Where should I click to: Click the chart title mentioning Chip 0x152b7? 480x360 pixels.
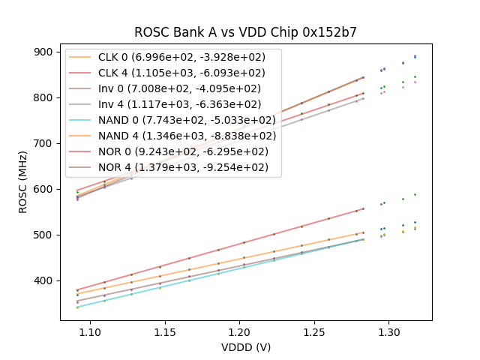tap(245, 32)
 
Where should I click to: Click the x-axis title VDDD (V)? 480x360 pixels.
tap(245, 347)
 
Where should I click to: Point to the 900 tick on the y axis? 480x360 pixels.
tap(44, 52)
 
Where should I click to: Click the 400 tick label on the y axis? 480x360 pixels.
tap(44, 280)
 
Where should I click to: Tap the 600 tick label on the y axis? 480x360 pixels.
tap(44, 189)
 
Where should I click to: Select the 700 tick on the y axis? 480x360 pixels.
tap(44, 143)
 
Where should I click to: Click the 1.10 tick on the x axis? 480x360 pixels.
tap(90, 331)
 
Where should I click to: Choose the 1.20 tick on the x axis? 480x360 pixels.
tap(239, 331)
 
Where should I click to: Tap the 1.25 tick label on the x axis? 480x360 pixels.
tap(313, 331)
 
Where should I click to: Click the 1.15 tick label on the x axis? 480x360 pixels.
tap(165, 331)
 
